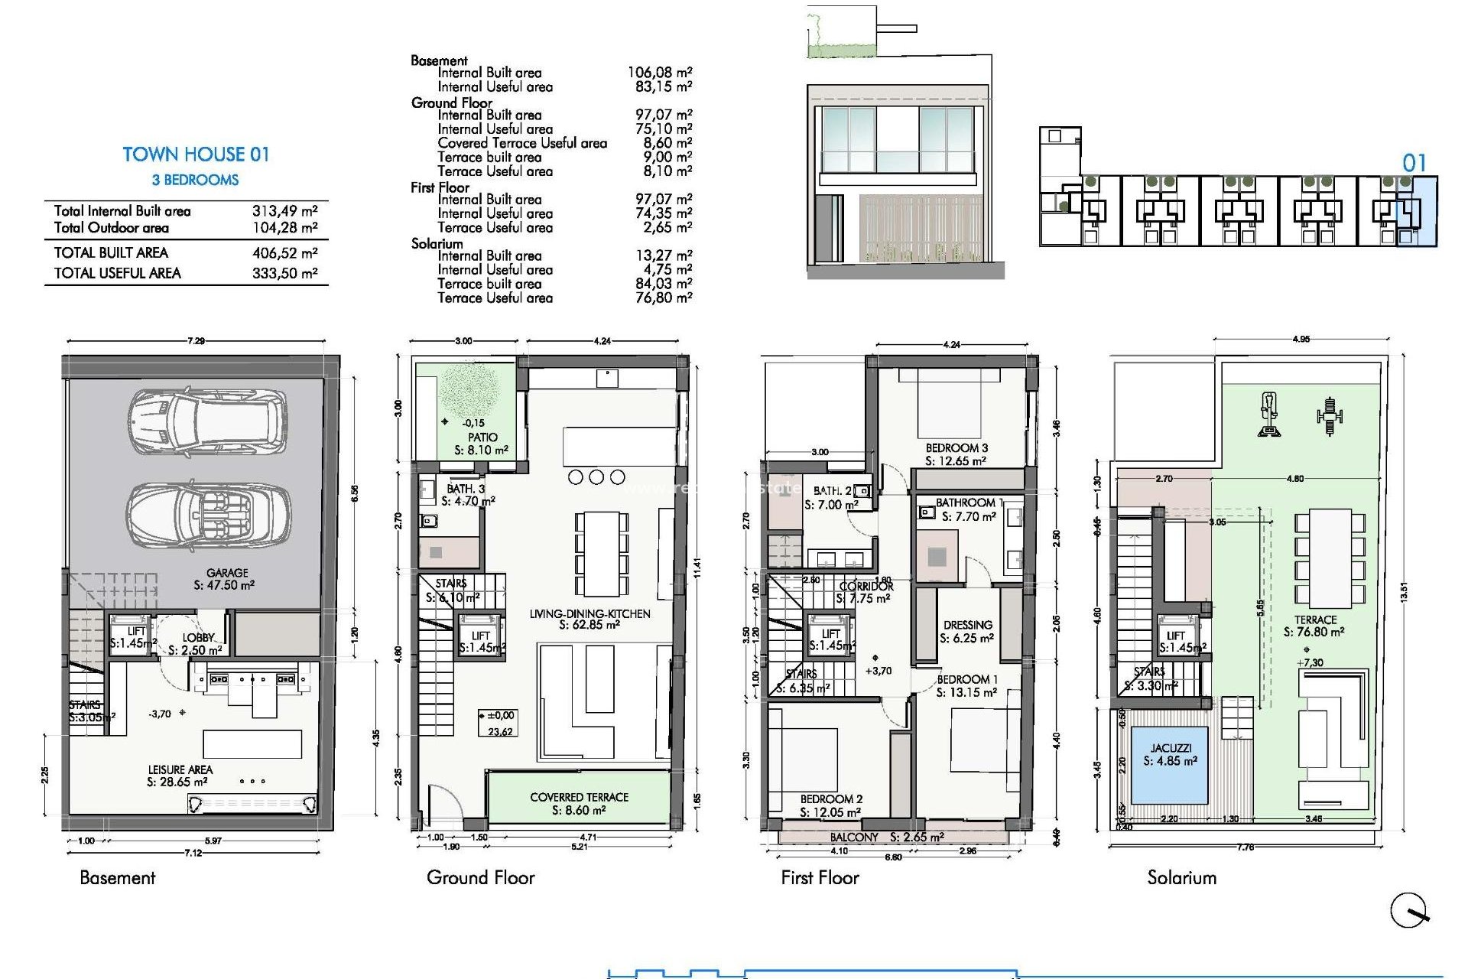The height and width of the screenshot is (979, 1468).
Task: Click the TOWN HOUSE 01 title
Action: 196,154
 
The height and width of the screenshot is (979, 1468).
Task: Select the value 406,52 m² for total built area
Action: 284,253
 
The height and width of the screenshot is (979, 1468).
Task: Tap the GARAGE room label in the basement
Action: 227,573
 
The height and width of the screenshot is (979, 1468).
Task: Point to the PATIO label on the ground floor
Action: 482,437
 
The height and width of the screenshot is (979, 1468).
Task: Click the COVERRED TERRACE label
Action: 579,797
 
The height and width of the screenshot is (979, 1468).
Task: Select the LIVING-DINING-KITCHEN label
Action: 589,614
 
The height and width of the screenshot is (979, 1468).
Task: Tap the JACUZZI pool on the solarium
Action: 1170,764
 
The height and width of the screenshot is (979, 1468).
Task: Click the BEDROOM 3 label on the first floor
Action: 956,448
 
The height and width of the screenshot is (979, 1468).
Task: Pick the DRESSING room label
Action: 967,625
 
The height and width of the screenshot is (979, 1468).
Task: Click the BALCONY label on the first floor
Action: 854,838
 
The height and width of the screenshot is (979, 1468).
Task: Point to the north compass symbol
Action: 1409,911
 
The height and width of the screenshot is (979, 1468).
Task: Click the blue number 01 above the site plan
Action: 1414,163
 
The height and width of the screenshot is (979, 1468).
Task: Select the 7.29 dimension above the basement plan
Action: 196,341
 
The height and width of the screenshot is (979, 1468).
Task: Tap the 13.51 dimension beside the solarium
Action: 1404,593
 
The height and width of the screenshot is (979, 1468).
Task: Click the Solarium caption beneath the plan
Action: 1181,878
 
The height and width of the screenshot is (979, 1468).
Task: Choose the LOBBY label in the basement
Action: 198,638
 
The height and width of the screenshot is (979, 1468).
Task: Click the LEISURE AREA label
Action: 180,769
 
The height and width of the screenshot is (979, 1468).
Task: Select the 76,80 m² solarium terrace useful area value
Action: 663,298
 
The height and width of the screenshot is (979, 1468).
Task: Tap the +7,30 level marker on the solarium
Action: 1310,663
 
